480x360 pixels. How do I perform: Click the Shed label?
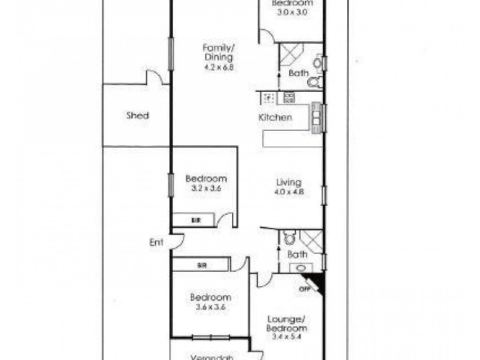[x=137, y=116]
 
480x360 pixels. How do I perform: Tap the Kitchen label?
[x=275, y=118]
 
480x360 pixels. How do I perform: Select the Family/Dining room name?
[x=218, y=53]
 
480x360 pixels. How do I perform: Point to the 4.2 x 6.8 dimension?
[x=218, y=67]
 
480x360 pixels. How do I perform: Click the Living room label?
[x=288, y=182]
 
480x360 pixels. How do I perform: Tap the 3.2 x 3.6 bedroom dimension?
[x=206, y=188]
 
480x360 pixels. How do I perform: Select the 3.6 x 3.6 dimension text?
[x=210, y=307]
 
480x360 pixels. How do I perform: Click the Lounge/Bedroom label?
[x=287, y=324]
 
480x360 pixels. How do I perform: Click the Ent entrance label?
[x=157, y=242]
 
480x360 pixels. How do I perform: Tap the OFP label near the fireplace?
[x=304, y=289]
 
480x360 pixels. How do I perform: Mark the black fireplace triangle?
[x=316, y=283]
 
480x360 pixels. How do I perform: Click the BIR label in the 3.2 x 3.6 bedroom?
[x=196, y=221]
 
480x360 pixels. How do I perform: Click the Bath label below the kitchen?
[x=298, y=254]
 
